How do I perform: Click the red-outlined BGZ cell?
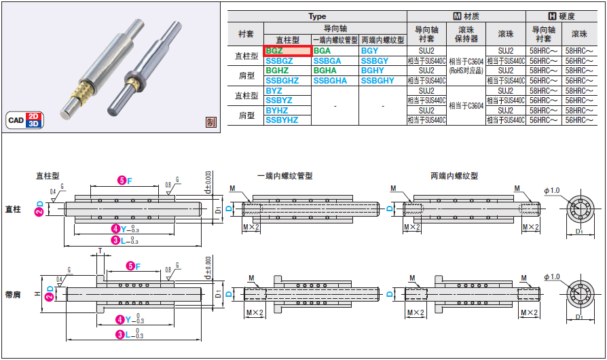(287, 50)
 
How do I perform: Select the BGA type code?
(323, 50)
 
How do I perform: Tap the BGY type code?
(370, 50)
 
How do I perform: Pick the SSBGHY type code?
(378, 81)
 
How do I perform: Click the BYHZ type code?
(277, 110)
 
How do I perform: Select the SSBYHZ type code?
(282, 120)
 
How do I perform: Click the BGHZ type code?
(277, 71)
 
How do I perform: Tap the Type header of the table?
(317, 16)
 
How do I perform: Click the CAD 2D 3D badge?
(25, 120)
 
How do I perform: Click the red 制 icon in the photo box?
(211, 122)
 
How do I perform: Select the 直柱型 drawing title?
(49, 175)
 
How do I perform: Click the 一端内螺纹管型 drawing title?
(284, 175)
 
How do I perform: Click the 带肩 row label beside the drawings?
(13, 294)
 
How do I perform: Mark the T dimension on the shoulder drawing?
(99, 251)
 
